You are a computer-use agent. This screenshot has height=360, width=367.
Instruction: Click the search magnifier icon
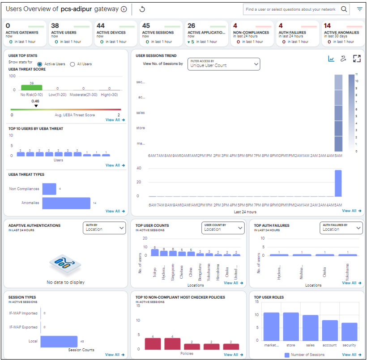coord(344,9)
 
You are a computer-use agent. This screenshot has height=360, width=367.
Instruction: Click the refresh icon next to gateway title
coord(142,9)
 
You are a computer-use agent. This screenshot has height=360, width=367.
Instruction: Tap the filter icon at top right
coord(359,9)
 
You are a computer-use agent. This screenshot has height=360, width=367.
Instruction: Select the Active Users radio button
coord(40,64)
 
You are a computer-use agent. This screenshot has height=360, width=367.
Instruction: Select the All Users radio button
coord(73,64)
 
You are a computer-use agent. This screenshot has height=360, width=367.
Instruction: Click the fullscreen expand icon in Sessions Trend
coord(357,59)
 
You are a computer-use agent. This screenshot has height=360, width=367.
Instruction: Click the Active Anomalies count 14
coord(328,26)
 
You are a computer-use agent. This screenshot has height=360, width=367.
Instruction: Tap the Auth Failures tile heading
coord(292,33)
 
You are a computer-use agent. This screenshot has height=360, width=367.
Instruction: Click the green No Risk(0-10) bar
coord(31,88)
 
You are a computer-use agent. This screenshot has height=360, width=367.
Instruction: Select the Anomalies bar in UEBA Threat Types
coord(66,203)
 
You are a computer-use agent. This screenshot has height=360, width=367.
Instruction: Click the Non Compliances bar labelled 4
coord(49,189)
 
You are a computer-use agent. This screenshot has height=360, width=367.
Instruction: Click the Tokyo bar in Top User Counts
coord(155,252)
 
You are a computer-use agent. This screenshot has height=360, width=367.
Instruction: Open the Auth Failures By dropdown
coord(341,228)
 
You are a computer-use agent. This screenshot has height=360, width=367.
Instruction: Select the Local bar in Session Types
coord(59,341)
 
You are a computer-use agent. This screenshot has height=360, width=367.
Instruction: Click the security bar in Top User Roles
coord(350,332)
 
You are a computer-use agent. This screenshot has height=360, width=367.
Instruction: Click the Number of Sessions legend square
coord(287,355)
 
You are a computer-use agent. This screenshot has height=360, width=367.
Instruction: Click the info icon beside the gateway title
coord(124,9)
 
